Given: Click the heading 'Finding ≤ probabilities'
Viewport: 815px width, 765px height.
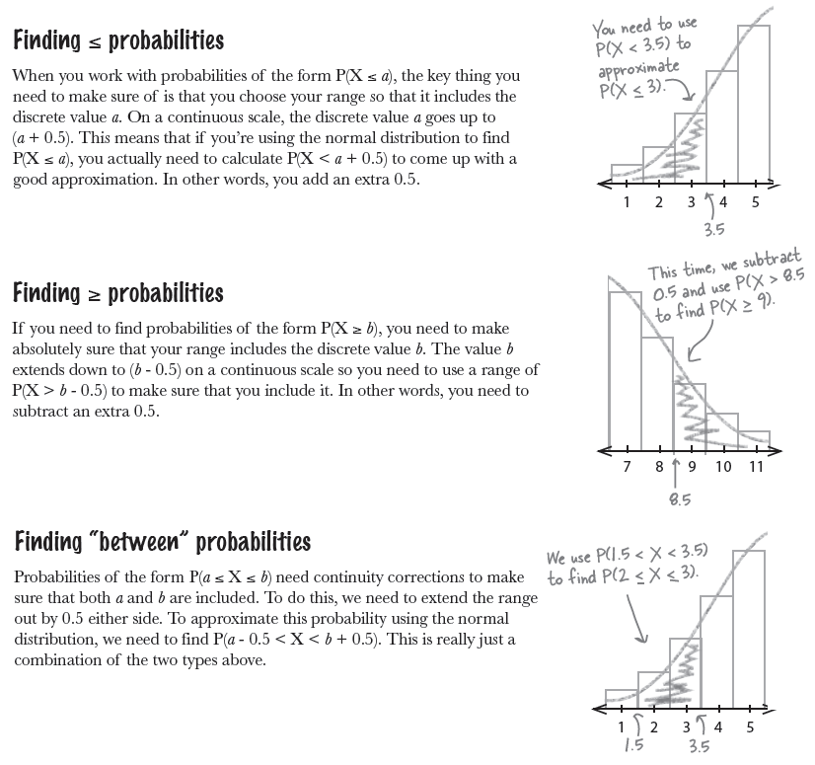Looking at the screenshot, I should pos(118,41).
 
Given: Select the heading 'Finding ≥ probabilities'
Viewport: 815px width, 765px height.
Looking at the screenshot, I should pos(118,293).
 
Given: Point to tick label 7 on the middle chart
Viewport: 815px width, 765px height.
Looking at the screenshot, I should pos(628,466).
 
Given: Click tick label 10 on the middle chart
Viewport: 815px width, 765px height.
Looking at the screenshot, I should pos(723,466).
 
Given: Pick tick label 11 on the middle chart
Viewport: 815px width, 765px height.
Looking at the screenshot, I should pos(755,466).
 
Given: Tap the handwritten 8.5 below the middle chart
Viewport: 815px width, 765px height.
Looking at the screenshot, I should pos(679,499).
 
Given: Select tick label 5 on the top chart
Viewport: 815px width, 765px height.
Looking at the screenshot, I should pos(755,203).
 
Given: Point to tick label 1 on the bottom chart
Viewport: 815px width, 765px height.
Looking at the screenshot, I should pos(621,727).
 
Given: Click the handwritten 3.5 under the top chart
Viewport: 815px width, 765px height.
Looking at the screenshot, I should pos(713,229).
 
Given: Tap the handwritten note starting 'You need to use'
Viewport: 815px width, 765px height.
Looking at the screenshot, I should pos(641,60).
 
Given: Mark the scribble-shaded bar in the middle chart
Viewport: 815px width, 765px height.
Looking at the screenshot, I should pos(690,415).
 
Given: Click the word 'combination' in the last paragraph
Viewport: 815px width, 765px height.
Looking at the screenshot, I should pos(61,659).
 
